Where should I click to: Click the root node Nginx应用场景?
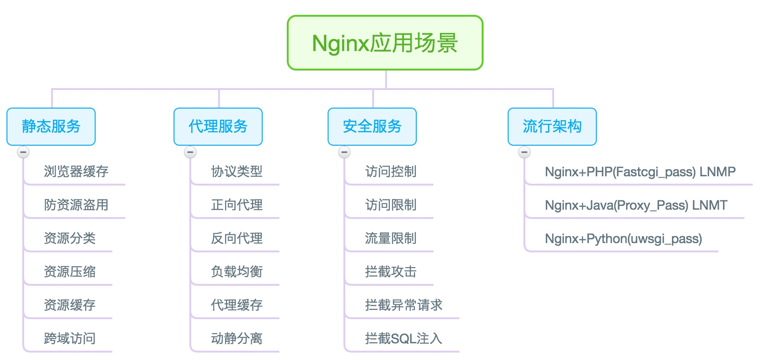385,43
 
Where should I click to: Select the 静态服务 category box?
51,126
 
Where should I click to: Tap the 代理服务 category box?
218,126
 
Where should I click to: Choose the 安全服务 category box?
372,126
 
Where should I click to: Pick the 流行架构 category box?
552,126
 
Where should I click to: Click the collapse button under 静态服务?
23,152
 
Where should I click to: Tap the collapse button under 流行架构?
524,152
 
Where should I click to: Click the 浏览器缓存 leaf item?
76,172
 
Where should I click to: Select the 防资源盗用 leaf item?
76,205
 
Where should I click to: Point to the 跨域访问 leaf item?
70,339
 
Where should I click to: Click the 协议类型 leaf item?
237,172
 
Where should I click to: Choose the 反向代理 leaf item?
237,238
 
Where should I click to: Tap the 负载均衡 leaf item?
237,272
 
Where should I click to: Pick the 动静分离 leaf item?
237,339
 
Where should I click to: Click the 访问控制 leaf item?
391,172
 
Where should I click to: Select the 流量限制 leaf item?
391,238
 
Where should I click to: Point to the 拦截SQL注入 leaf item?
403,339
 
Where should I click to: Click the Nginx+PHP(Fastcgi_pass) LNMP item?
640,172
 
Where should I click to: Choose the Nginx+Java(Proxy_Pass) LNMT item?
636,206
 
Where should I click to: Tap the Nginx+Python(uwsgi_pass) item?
623,239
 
